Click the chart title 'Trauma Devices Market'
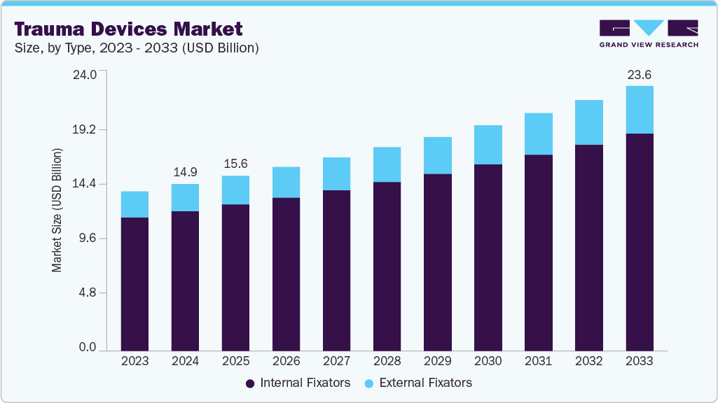tap(128, 29)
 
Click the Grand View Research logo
tap(649, 33)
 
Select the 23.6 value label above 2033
tap(639, 74)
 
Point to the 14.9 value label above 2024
tap(185, 172)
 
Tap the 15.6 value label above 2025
tap(235, 164)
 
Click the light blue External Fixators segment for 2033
tap(639, 110)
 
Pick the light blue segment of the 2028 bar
tap(387, 164)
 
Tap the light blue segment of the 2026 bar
tap(286, 182)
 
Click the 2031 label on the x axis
tap(538, 361)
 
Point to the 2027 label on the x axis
tap(336, 361)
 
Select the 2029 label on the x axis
tap(437, 361)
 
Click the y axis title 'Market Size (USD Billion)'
tap(57, 210)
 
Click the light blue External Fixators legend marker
tap(369, 383)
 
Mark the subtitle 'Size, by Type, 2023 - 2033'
tap(137, 48)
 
